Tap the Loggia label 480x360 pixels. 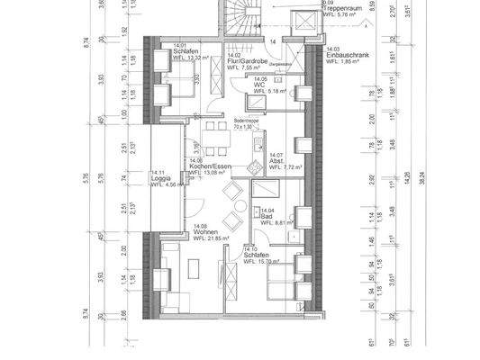point(164,184)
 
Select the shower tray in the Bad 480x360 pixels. point(267,193)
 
